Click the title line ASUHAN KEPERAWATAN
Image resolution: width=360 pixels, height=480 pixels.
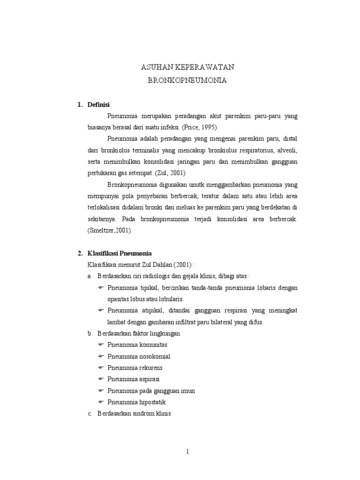187,67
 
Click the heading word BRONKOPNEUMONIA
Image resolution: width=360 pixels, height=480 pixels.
187,81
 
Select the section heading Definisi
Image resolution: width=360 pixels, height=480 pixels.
98,105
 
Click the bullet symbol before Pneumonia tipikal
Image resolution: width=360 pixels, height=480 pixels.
101,287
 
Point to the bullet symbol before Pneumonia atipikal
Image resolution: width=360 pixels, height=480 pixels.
101,310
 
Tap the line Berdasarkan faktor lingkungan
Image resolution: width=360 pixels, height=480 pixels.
138,333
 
